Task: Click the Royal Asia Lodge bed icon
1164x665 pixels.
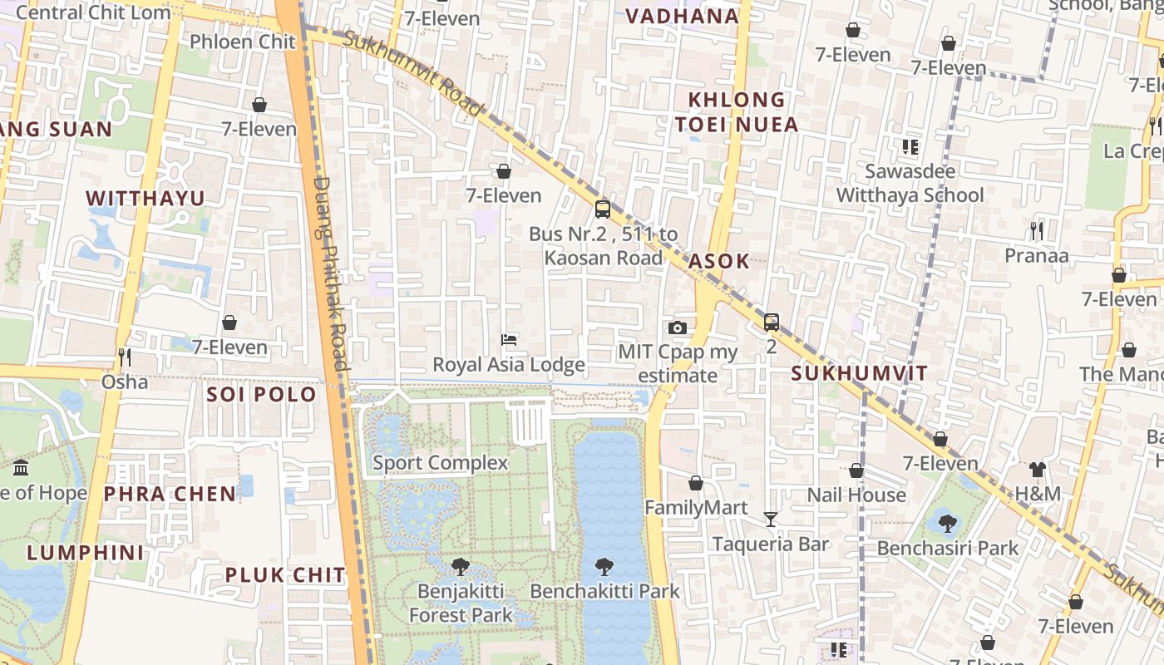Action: click(509, 339)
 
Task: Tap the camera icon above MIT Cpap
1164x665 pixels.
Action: click(678, 328)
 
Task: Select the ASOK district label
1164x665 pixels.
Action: click(719, 261)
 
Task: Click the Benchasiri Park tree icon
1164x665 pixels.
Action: click(947, 523)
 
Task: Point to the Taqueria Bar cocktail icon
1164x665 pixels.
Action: click(771, 520)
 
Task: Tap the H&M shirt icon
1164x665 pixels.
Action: click(1037, 470)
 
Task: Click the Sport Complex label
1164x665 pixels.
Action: click(440, 463)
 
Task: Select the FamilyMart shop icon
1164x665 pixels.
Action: click(696, 483)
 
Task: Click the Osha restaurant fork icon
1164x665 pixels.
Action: click(125, 357)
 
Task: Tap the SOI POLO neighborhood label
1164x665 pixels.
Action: click(262, 394)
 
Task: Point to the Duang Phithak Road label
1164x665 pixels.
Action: click(330, 274)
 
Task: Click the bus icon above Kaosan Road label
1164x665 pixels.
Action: click(603, 209)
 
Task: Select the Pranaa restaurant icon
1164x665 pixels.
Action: click(1036, 230)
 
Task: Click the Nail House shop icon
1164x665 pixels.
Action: click(856, 470)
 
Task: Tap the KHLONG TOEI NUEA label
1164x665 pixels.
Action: click(736, 112)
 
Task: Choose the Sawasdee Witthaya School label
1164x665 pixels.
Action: click(910, 183)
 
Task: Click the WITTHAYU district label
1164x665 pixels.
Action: click(145, 198)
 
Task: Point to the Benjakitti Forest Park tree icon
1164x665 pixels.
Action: click(460, 567)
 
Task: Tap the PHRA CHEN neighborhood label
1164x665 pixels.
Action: click(170, 494)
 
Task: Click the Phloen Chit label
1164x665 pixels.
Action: click(242, 42)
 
